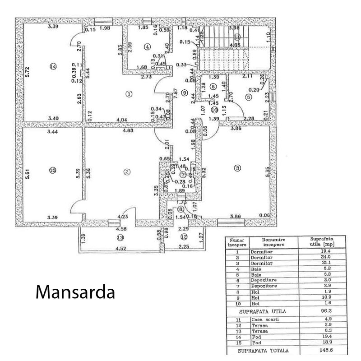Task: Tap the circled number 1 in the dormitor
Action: tap(129, 94)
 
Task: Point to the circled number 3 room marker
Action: tap(238, 168)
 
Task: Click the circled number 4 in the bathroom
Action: tap(146, 46)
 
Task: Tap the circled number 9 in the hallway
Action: tap(184, 93)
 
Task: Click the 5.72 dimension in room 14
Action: tap(27, 71)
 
